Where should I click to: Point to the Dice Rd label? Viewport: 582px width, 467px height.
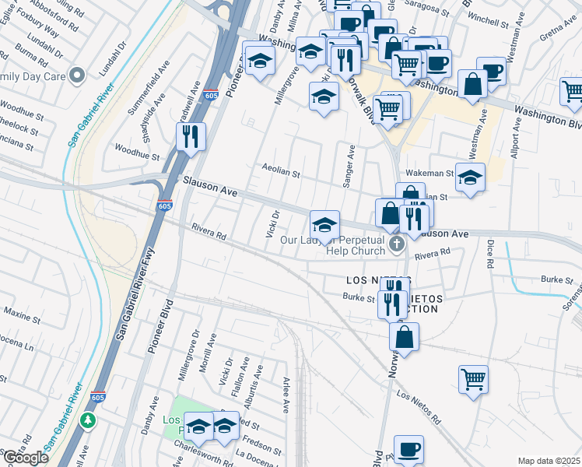pos(490,254)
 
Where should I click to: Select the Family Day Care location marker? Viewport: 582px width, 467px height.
pos(76,76)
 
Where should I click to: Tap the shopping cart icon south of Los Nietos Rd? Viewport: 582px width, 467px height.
pos(473,380)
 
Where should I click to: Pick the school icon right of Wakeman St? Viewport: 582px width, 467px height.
pos(470,178)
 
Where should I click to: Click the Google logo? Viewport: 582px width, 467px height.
pos(26,458)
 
